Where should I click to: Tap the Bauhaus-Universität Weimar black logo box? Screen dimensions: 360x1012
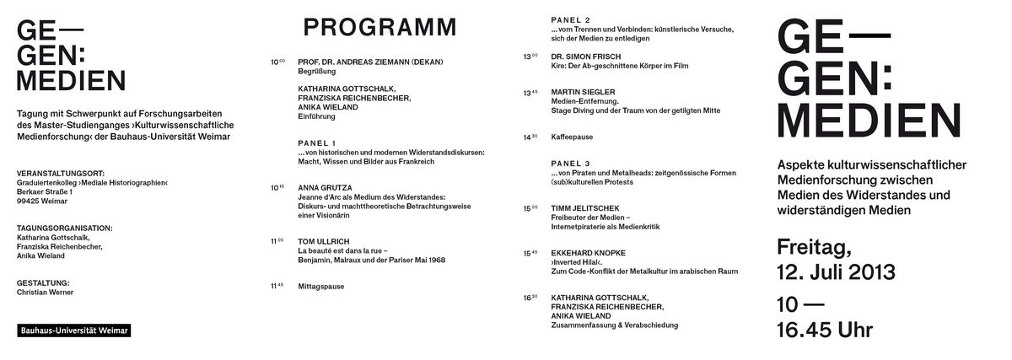[73, 332]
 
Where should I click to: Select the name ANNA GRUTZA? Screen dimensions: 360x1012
[325, 187]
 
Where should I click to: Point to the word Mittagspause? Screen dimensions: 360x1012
[321, 287]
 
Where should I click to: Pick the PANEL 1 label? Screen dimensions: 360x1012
[317, 142]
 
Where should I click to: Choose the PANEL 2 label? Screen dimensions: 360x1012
[570, 19]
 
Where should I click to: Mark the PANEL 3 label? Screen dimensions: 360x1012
[570, 163]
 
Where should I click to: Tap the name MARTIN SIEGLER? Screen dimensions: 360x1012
[583, 91]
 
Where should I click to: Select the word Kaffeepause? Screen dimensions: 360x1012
[573, 137]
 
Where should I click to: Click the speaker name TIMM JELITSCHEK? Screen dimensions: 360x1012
[585, 207]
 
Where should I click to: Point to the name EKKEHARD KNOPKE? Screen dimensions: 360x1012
[588, 252]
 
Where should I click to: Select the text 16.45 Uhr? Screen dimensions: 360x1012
[825, 330]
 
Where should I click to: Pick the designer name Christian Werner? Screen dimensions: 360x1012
[46, 293]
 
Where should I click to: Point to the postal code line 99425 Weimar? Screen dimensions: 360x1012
[43, 201]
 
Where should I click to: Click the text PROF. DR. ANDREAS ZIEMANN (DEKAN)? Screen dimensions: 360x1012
[370, 62]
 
